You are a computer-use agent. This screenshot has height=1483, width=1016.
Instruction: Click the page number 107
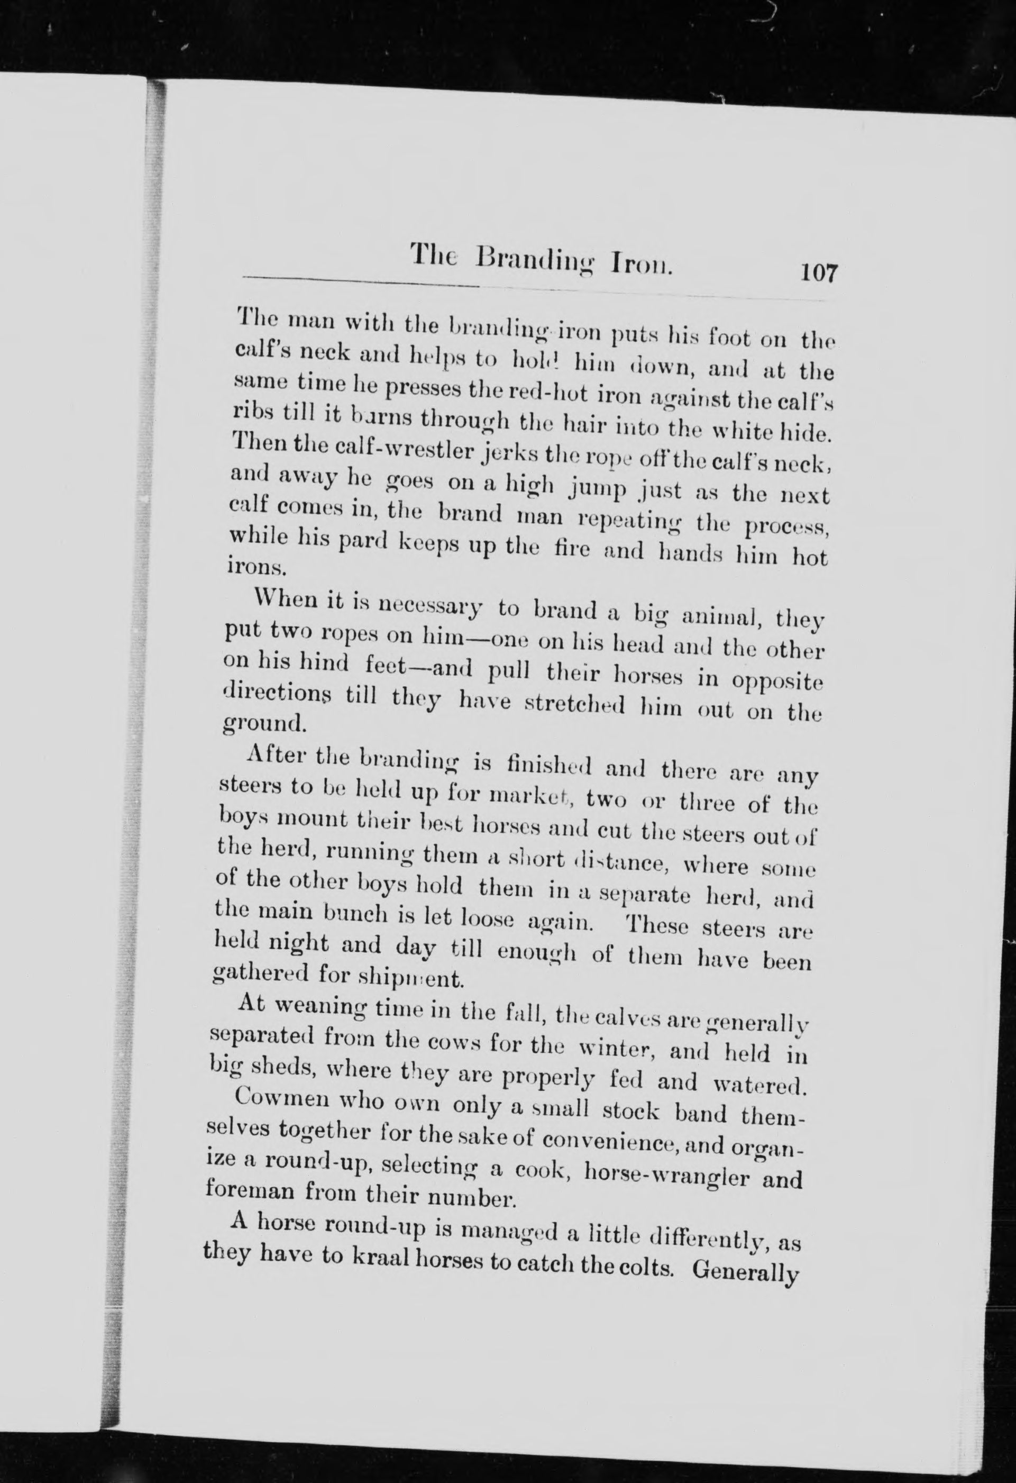tap(819, 273)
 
